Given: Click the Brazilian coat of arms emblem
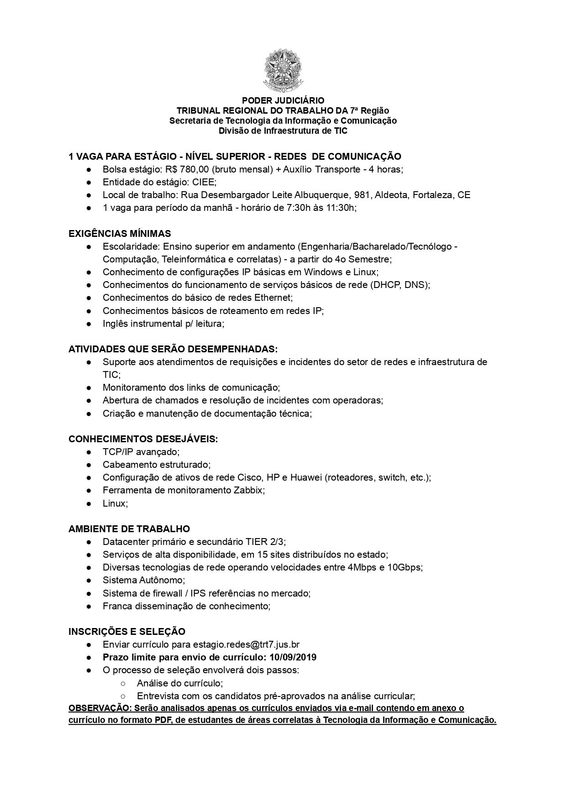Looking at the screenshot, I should pos(283,70).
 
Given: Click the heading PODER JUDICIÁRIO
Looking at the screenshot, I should pos(283,100).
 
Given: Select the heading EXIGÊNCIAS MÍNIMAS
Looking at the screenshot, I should pos(120,234).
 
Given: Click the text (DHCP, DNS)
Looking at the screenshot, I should pos(399,285).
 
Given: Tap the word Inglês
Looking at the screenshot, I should pos(115,324).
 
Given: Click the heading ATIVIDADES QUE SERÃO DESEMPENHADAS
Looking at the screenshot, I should pos(173,349).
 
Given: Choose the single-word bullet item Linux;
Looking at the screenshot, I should pos(115,503).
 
